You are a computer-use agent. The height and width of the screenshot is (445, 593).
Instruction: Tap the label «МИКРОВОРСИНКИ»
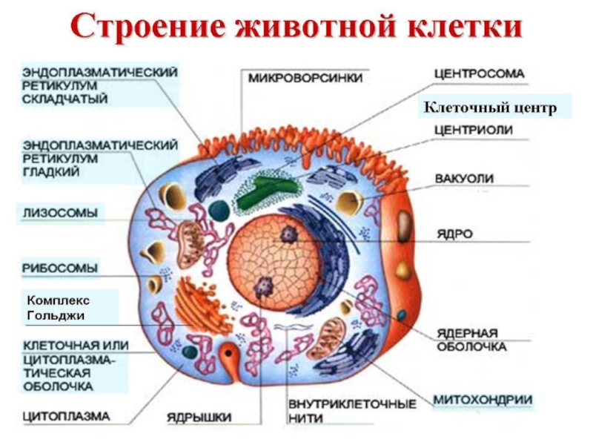(305, 78)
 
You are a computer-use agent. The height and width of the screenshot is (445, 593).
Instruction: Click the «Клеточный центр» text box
(489, 108)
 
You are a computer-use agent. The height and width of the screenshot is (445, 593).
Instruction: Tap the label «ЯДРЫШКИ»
(199, 415)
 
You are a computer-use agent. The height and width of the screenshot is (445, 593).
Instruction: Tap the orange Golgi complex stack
(196, 304)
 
